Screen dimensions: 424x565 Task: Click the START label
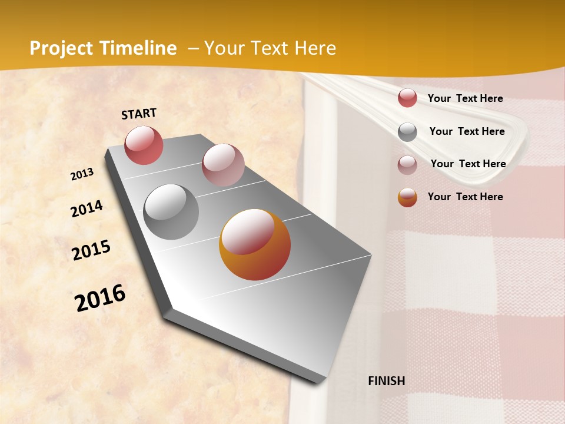point(139,114)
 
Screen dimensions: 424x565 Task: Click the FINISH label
point(386,381)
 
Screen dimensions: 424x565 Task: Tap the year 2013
point(82,174)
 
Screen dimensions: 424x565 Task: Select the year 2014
point(87,209)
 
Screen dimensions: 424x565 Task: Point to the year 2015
point(91,250)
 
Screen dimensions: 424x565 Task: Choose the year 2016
point(100,298)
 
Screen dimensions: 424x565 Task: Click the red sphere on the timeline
point(144,145)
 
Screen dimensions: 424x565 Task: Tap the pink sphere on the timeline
point(223,165)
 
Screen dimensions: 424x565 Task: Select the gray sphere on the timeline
point(171,212)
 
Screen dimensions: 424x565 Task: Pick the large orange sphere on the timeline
point(255,244)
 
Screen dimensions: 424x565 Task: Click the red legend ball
point(407,98)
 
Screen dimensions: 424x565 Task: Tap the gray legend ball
point(407,132)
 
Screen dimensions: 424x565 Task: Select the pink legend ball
point(407,165)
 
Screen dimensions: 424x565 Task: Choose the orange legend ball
point(407,197)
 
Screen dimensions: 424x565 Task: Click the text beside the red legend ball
point(465,98)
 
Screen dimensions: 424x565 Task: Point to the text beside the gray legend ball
point(467,131)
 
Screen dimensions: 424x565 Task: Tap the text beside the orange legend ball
point(465,197)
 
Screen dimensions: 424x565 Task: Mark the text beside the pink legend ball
point(468,164)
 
